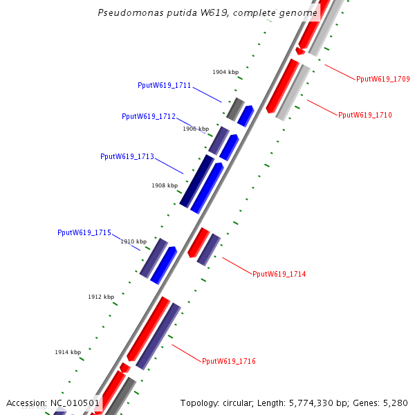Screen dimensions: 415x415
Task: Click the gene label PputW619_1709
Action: pos(382,79)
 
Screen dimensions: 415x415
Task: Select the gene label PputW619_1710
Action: pos(365,115)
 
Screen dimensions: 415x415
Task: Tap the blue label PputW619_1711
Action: pos(165,86)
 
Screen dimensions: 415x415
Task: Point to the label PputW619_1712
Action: pos(149,116)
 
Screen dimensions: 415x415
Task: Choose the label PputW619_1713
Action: pos(127,156)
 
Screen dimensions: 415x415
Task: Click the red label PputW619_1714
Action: pos(279,275)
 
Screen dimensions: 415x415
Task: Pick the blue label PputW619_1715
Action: pos(84,233)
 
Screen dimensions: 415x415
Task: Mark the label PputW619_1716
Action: pos(229,361)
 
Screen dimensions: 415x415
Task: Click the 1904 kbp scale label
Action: pos(225,72)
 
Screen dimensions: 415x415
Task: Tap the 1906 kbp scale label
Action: pos(196,129)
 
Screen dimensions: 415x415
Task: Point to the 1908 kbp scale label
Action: pos(165,185)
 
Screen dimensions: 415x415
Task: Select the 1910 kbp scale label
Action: pos(133,241)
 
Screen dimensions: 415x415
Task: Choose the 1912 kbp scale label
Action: pos(101,297)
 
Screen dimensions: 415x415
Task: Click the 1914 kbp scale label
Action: pos(68,353)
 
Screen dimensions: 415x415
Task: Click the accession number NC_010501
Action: pos(75,403)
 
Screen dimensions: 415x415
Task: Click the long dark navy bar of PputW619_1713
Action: pos(196,181)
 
